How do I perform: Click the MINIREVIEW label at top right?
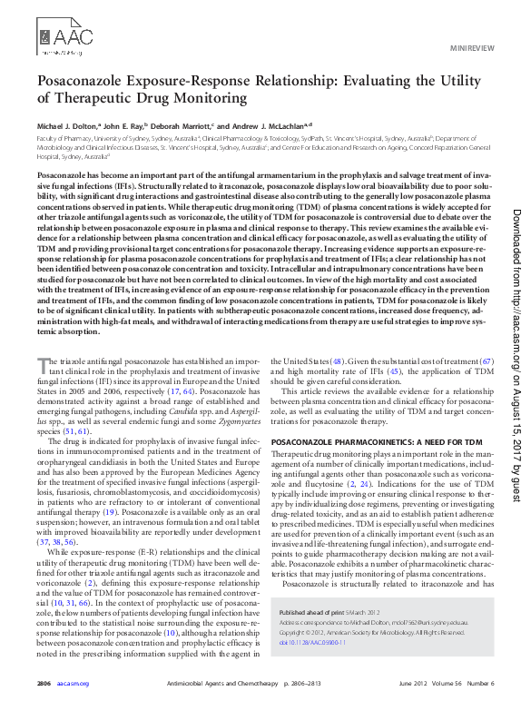(x=472, y=45)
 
